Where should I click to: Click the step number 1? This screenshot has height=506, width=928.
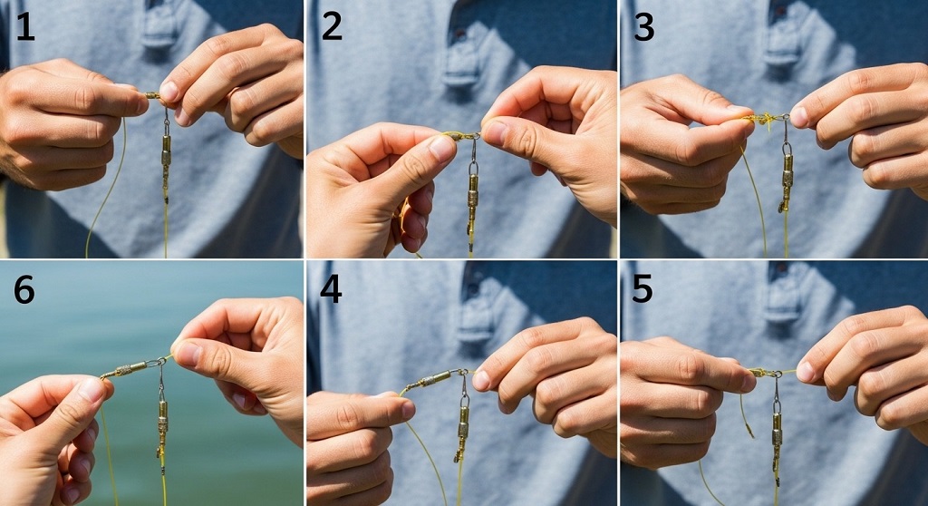pyautogui.click(x=24, y=28)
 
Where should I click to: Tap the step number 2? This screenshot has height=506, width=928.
pyautogui.click(x=332, y=28)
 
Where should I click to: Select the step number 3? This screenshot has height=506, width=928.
pyautogui.click(x=643, y=28)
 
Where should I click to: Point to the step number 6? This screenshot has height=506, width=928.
pyautogui.click(x=24, y=290)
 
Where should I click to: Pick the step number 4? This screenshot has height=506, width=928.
pyautogui.click(x=332, y=290)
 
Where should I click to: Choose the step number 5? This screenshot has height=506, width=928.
pyautogui.click(x=643, y=290)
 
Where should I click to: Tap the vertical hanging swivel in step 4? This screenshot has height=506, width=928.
pyautogui.click(x=463, y=422)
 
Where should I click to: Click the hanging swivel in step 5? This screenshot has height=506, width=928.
pyautogui.click(x=777, y=426)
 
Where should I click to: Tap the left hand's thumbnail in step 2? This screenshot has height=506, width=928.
pyautogui.click(x=441, y=148)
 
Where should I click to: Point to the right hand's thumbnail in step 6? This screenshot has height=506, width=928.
pyautogui.click(x=188, y=352)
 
